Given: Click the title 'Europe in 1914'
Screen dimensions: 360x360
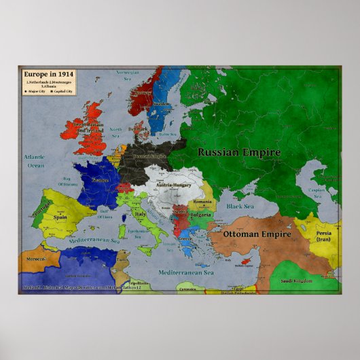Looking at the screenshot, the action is [48, 73].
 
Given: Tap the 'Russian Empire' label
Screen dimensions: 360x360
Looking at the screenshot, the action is [239, 152].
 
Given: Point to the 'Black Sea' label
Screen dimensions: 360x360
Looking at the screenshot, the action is [240, 205].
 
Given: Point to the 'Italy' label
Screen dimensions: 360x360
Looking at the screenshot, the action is [141, 214].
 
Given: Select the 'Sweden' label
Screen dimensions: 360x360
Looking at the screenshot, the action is [162, 103].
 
